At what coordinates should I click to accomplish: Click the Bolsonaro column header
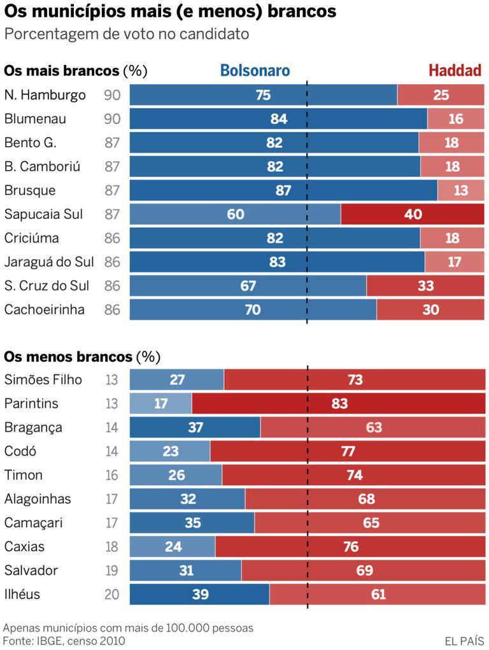pos(255,71)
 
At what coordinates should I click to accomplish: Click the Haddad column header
pos(455,71)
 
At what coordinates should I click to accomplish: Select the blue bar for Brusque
pos(283,190)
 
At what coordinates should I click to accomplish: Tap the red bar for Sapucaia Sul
pos(413,215)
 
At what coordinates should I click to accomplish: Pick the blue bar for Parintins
pos(160,404)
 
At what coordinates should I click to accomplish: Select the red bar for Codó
pos(347,451)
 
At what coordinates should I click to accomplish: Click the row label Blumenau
pos(35,119)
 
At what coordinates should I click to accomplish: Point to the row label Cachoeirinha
pos(45,310)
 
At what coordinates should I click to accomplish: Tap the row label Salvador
pos(31,570)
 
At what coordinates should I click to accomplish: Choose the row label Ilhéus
pos(22,595)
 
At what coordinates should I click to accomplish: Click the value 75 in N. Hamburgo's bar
pos(263,95)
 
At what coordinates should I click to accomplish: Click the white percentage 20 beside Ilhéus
pos(112,595)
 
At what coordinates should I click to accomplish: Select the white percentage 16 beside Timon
pos(112,476)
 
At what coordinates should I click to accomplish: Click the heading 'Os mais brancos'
pos(62,71)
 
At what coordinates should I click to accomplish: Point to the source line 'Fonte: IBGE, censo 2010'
pos(64,640)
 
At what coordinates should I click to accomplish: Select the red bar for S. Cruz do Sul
pos(425,286)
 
